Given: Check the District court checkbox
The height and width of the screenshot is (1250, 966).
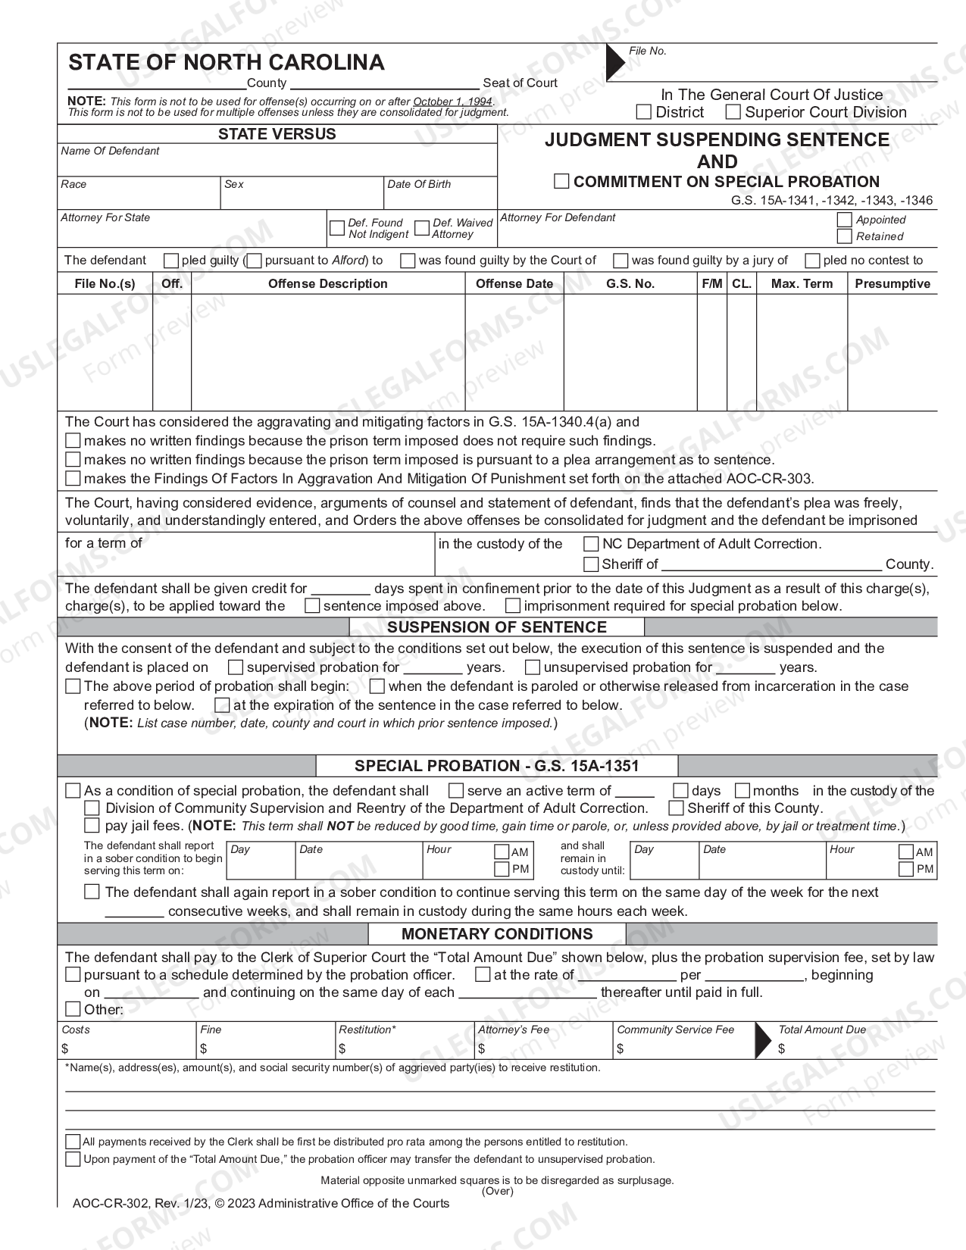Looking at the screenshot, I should point(644,112).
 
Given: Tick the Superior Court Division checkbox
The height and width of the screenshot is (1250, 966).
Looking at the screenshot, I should point(733,112).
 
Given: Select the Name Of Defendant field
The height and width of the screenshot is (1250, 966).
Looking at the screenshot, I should point(277,164).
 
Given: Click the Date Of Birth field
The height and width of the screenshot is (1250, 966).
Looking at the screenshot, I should point(439,198).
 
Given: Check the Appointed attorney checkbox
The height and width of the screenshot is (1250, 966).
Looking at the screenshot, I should point(844,220).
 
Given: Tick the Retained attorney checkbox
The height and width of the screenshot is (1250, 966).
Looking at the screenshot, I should point(844,236).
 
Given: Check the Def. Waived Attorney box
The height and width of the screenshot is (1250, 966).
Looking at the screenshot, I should point(422,228).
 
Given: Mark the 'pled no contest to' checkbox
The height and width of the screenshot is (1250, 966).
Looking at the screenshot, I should point(812,261).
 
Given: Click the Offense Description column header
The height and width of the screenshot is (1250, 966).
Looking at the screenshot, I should point(327,283).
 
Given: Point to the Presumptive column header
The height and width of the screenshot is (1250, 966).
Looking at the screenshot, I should point(892,283).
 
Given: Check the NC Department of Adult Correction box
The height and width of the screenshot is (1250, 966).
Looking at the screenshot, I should point(591,544).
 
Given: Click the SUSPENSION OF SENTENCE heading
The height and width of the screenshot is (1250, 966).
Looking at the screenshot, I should point(496,627).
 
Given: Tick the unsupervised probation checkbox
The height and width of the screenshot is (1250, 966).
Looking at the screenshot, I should point(533,667).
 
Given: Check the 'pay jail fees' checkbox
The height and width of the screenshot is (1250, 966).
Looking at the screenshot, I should point(92,825).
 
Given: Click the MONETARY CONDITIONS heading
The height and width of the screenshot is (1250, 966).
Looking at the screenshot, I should point(496,934).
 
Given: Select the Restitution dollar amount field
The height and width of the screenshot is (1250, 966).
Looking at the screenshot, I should point(405,1048).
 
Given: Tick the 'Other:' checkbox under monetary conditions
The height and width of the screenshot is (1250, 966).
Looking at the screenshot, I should point(73,1009).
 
